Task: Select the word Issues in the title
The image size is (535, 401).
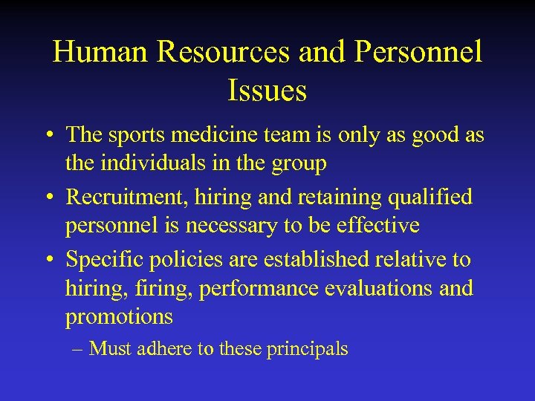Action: pos(267,91)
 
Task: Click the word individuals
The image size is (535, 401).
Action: pos(160,163)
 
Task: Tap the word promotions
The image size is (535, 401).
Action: pos(119,317)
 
